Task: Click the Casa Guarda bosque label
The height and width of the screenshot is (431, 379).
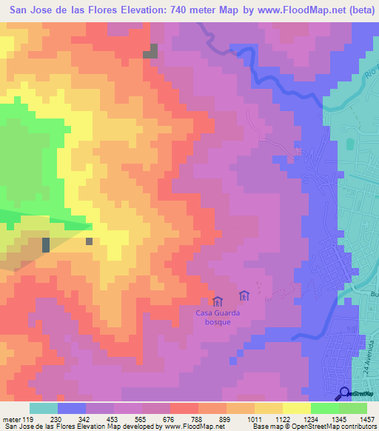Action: [218, 317]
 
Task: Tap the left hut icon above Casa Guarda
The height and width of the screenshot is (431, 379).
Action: [218, 301]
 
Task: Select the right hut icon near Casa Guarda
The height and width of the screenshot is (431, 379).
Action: [244, 296]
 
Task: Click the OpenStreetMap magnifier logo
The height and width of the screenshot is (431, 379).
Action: [345, 393]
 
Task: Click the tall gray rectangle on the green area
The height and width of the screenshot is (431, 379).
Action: [46, 245]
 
